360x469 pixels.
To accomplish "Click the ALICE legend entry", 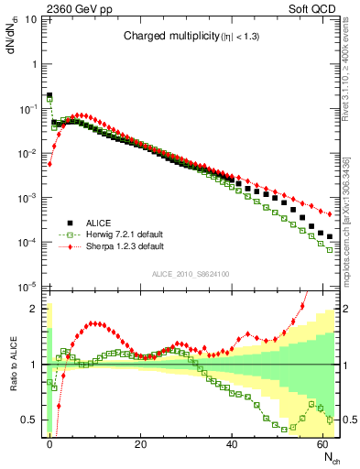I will [x=101, y=222].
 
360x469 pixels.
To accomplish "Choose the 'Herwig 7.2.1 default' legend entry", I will [x=124, y=234].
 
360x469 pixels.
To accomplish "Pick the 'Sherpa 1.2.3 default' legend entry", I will [x=124, y=246].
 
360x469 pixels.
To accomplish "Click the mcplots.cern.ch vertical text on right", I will [x=352, y=220].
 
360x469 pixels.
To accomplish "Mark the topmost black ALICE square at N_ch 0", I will [x=49, y=95].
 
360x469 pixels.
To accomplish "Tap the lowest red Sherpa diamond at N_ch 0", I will [x=49, y=164].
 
